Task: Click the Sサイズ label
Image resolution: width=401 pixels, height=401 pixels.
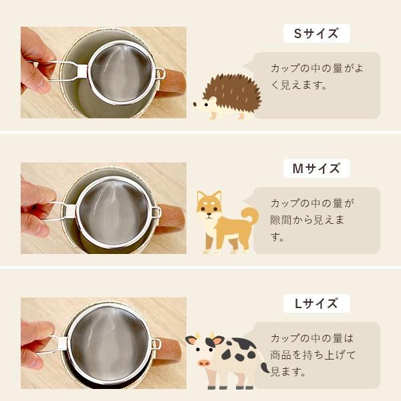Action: click(316, 33)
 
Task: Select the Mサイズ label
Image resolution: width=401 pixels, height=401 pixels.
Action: click(316, 168)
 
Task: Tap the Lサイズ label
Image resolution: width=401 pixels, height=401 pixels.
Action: click(316, 303)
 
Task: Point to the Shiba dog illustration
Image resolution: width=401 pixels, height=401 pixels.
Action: click(227, 222)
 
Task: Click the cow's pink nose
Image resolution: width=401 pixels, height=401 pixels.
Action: click(204, 363)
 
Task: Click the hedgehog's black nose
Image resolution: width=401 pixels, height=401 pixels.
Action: click(195, 104)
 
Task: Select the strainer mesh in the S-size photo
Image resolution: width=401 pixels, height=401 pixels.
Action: click(121, 72)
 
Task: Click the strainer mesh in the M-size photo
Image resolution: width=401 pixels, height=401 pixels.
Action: click(114, 212)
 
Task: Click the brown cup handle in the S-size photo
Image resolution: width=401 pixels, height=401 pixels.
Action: click(171, 82)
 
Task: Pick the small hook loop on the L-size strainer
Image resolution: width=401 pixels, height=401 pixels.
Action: click(156, 344)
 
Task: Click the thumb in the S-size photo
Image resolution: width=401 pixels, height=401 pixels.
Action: click(36, 77)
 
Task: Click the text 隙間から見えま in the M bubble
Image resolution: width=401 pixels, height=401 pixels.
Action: click(307, 220)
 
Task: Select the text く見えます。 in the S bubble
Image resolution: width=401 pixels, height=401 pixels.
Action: click(299, 85)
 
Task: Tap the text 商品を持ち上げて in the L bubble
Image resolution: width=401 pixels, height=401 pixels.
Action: click(313, 355)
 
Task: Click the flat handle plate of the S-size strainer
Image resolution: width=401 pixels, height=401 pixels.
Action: click(82, 71)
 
